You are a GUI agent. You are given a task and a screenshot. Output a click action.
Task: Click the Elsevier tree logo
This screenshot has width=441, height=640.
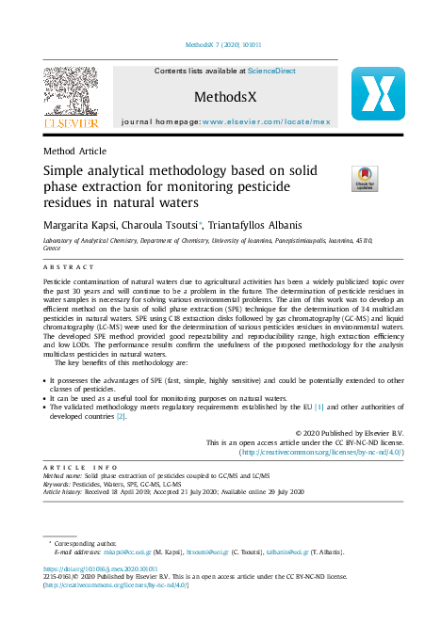pyautogui.click(x=71, y=97)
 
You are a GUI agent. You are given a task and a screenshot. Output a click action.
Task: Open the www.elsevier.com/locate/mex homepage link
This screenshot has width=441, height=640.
pyautogui.click(x=267, y=122)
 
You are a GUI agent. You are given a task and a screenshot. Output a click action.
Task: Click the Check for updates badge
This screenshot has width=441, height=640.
pyautogui.click(x=337, y=178)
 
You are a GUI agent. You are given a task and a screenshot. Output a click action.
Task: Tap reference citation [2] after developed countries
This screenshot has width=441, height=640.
pyautogui.click(x=121, y=416)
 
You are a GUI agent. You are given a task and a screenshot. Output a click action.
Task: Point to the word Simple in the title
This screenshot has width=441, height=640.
pyautogui.click(x=69, y=172)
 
